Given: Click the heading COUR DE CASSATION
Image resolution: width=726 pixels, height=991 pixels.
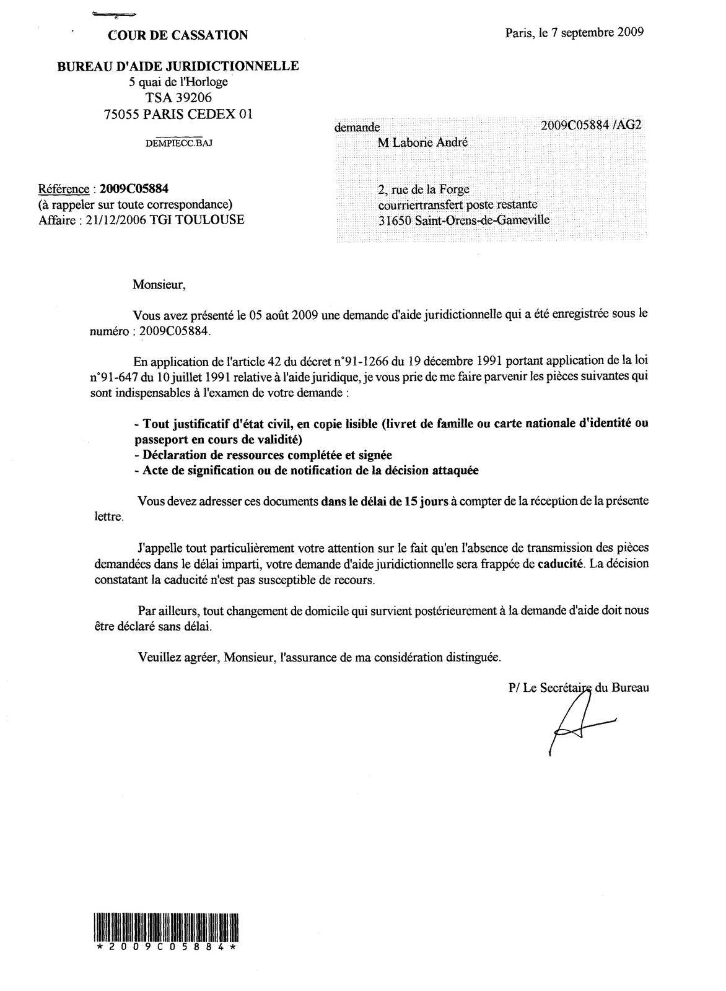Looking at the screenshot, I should point(178,35).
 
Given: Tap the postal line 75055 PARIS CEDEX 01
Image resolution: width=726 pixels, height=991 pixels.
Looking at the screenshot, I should point(178,113).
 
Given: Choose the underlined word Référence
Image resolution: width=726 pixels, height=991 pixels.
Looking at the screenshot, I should point(63,189).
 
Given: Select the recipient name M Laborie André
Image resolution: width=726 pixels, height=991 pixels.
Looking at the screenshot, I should point(423,142).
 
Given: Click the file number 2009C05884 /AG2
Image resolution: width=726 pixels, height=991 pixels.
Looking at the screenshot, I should point(591,124).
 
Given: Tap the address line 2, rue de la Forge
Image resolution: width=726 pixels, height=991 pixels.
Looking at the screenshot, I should point(428,190).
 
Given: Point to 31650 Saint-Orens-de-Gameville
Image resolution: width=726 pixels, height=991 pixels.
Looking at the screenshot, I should point(463,219).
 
